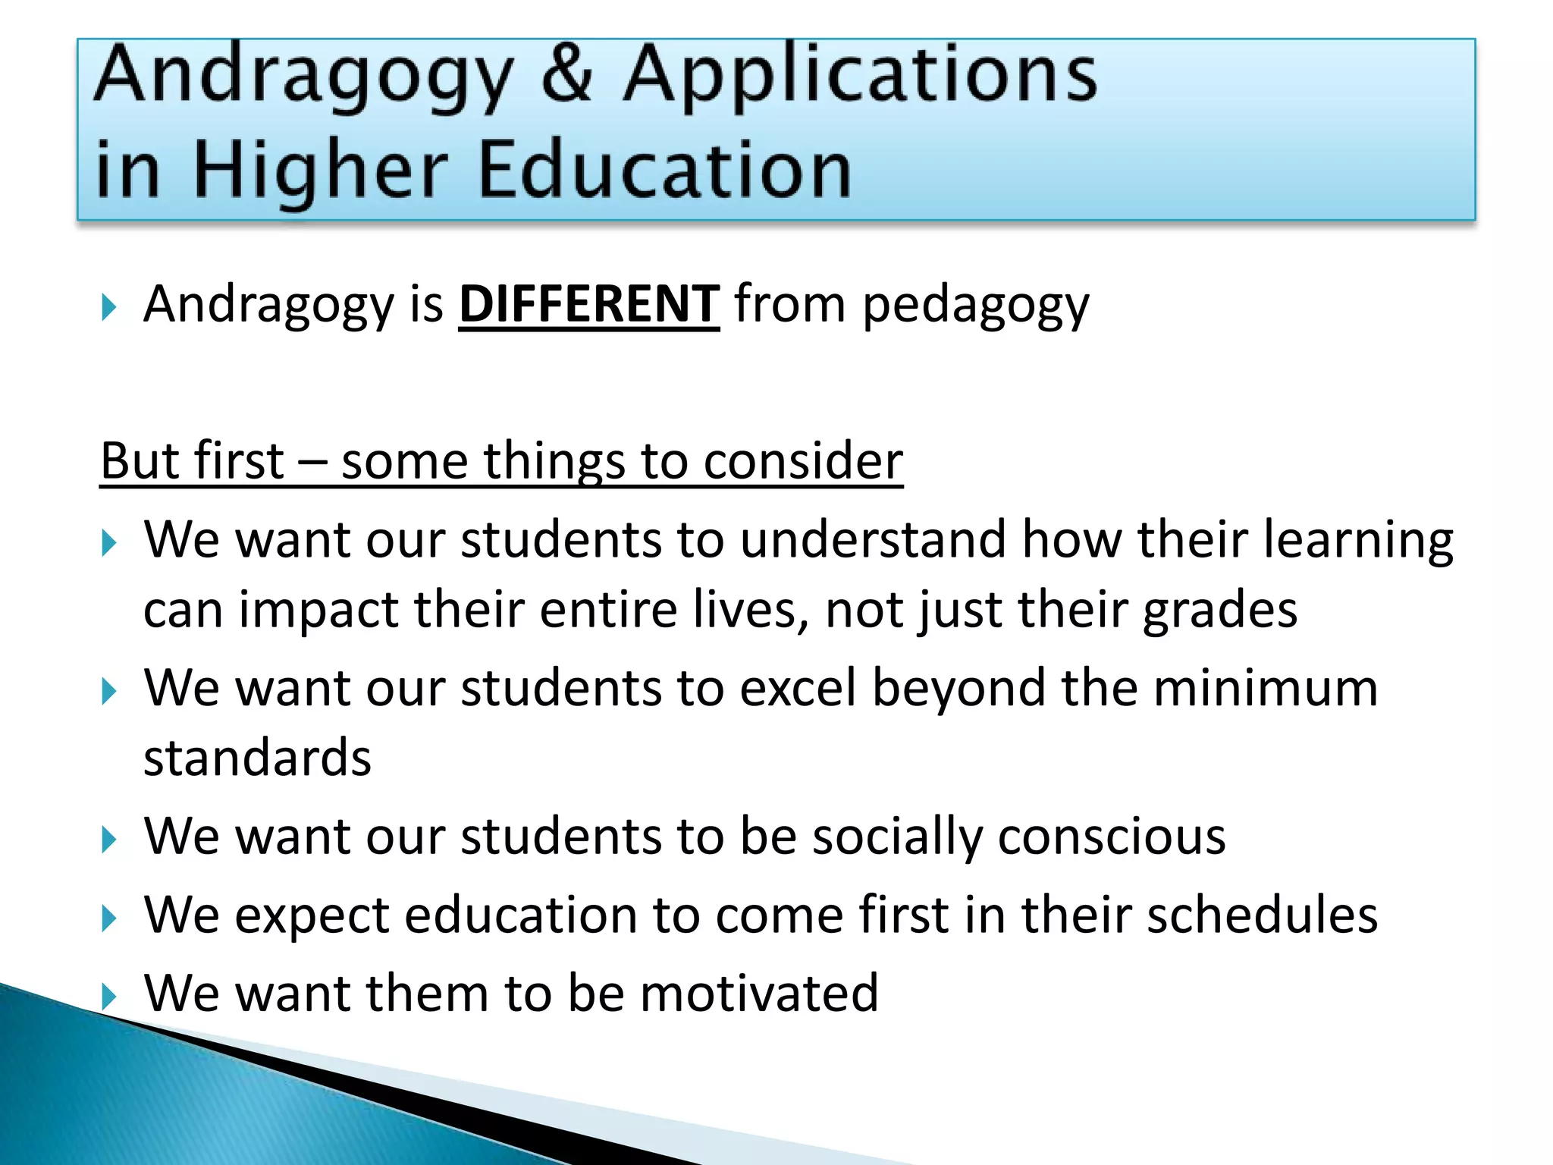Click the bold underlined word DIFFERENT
pos(588,304)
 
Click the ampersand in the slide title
pos(567,74)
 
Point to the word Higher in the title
pos(319,171)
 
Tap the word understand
pos(873,540)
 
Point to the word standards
pos(257,758)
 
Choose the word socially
pos(897,838)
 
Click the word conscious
pos(1111,837)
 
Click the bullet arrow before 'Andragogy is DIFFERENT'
pos(109,308)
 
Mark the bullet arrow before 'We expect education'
pos(109,918)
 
